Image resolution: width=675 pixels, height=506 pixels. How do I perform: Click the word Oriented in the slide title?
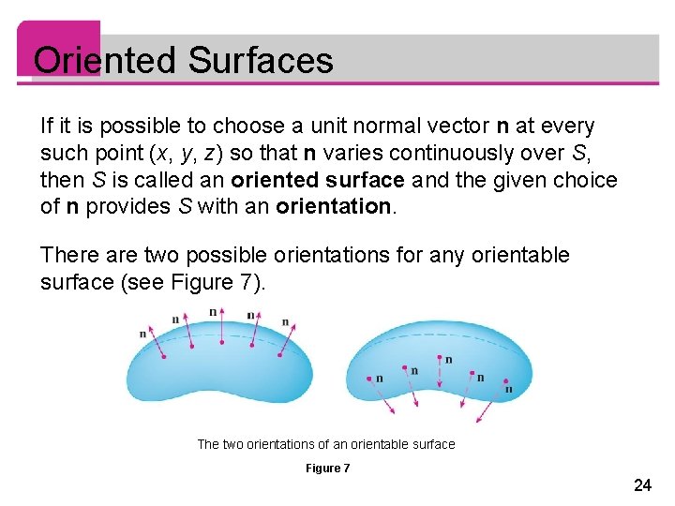tap(105, 62)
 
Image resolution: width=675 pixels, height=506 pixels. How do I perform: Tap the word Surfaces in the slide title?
tap(260, 62)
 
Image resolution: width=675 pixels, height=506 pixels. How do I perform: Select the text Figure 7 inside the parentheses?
tap(217, 282)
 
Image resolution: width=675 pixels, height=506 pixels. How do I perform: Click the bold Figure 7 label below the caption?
tap(328, 468)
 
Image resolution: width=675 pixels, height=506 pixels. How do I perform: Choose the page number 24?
tap(642, 484)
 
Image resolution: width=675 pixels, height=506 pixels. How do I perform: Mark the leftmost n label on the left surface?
tap(142, 333)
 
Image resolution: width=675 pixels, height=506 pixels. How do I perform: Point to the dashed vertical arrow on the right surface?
tap(439, 370)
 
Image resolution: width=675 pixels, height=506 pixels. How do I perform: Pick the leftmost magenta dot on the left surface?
tap(164, 355)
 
